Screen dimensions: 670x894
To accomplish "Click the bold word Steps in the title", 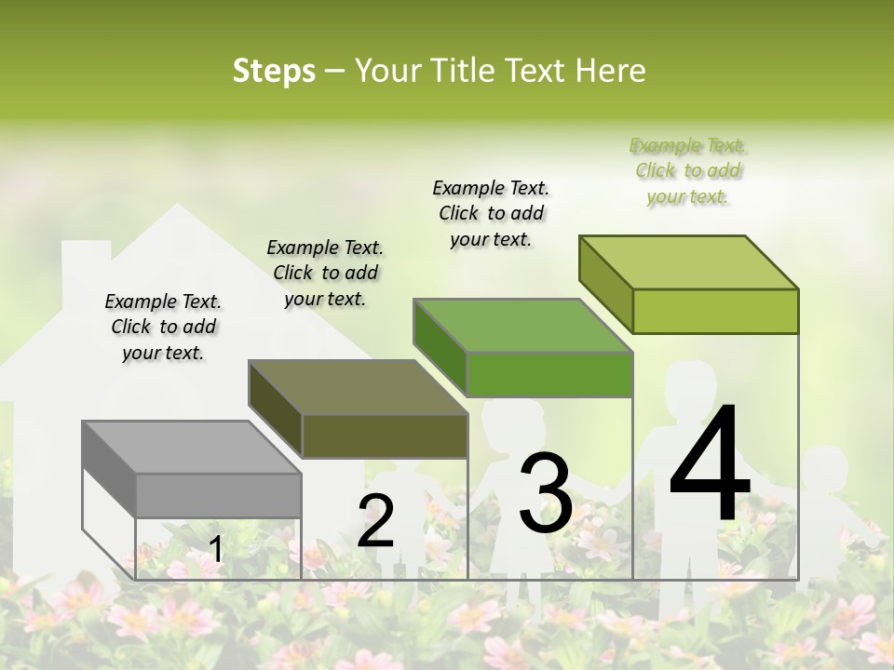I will tap(274, 71).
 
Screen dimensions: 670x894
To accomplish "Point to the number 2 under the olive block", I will tap(375, 520).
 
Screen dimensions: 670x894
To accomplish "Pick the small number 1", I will tap(215, 549).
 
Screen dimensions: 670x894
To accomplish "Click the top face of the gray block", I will tap(191, 448).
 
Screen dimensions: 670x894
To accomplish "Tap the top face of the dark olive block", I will tap(358, 387).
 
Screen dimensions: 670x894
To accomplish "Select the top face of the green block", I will tap(522, 326).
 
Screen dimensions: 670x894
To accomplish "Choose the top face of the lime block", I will tap(688, 262).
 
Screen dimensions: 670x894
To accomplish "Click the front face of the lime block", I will tap(715, 311).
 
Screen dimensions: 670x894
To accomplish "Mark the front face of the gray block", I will tap(218, 495).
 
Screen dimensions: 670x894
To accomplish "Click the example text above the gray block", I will tap(163, 328).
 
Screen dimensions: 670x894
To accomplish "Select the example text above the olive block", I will tap(325, 273).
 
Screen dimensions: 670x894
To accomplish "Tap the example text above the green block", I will tap(491, 213).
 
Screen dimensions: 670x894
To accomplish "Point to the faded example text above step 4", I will tap(687, 171).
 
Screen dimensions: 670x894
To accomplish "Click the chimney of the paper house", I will tap(87, 256).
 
